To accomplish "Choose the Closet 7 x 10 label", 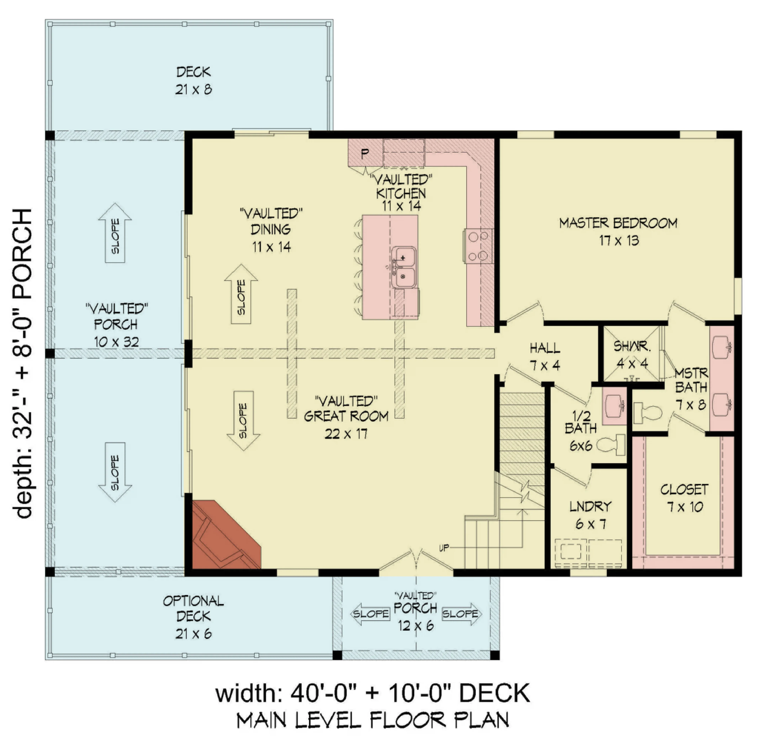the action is (x=684, y=498).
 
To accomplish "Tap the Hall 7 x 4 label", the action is (x=545, y=356).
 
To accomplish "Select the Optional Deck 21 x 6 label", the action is (x=193, y=617).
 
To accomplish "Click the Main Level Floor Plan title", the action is (x=373, y=720).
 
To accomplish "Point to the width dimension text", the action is (x=373, y=694).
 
